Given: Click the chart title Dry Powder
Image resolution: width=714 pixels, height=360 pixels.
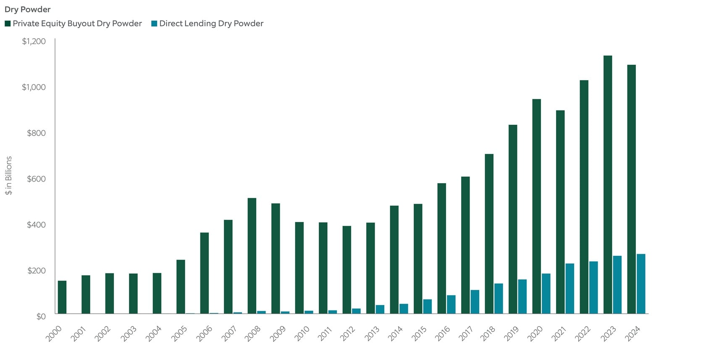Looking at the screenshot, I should click(x=27, y=9).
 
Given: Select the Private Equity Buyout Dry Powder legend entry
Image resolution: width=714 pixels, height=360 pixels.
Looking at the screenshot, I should click(x=73, y=24).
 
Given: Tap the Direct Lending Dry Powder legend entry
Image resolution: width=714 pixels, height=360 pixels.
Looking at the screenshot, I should click(x=207, y=24).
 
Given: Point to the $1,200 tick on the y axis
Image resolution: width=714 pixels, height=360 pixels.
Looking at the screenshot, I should click(x=34, y=41).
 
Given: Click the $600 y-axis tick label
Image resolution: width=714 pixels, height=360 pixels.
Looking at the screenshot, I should click(x=36, y=179).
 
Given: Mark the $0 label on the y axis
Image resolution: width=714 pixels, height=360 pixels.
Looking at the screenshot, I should click(x=41, y=316).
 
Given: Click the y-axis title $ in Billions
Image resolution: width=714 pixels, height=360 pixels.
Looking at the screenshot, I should click(x=9, y=175).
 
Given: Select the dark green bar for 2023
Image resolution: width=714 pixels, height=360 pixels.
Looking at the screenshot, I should click(x=607, y=185).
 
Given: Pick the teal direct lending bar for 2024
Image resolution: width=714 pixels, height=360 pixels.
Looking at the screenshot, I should click(x=641, y=284).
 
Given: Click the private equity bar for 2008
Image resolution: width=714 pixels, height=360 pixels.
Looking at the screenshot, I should click(x=252, y=256).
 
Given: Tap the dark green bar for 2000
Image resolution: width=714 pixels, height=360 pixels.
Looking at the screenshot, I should click(x=62, y=297).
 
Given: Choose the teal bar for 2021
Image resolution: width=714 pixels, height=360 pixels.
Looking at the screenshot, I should click(x=570, y=289).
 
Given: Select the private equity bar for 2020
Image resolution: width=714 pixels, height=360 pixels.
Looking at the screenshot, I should click(x=536, y=206).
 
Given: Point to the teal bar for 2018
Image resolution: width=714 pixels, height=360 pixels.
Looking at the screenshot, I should click(x=499, y=299).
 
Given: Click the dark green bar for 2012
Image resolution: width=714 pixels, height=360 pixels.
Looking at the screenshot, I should click(x=346, y=270).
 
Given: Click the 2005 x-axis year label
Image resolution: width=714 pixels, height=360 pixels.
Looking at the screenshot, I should click(x=180, y=334).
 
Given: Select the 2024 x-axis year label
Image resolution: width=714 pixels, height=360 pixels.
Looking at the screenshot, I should click(x=633, y=334).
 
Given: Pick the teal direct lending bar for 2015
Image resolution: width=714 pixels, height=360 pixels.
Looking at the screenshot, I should click(x=427, y=307).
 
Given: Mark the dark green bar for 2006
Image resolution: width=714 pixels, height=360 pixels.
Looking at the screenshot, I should click(x=204, y=273).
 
